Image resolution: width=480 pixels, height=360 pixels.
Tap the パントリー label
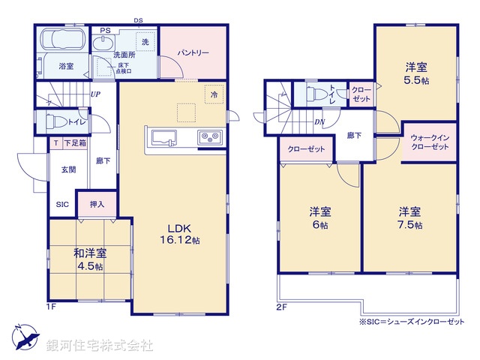(193, 53)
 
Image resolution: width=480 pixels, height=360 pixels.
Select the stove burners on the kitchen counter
(208, 137)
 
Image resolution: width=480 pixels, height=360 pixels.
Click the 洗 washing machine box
(145, 42)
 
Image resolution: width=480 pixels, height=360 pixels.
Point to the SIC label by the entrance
(62, 203)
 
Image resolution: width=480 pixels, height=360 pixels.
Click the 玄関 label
(67, 169)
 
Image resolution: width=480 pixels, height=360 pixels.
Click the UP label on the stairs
(95, 94)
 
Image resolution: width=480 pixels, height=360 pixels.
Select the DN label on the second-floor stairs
(319, 122)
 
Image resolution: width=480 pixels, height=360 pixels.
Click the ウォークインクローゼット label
(430, 142)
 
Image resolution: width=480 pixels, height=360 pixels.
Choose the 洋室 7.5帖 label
(409, 217)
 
